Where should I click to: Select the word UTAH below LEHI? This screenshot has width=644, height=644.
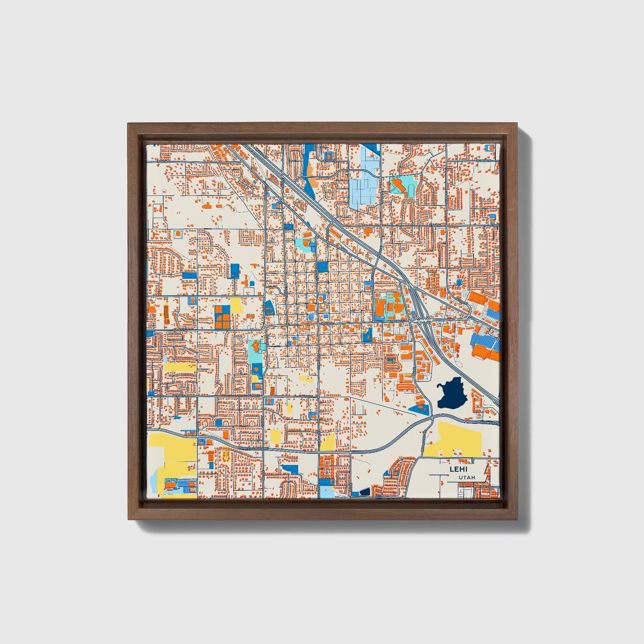467,477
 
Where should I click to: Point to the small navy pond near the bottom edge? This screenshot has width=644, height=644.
365,492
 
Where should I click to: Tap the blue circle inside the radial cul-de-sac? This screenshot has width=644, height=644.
459,283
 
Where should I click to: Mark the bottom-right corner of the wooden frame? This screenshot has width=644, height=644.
518,520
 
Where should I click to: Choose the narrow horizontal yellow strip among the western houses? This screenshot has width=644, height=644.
180,367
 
